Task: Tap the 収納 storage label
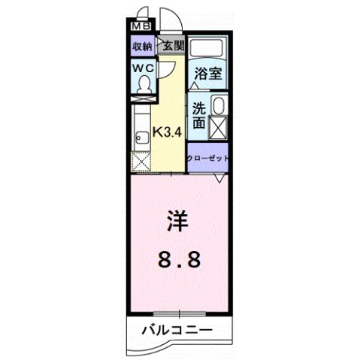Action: [x=143, y=47]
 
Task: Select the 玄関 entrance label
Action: [x=172, y=46]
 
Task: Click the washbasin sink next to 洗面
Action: [x=219, y=106]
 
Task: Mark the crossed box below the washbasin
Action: [x=219, y=127]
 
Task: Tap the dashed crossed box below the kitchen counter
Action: [x=141, y=162]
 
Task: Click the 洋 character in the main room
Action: [x=178, y=223]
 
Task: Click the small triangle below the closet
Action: [x=219, y=178]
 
